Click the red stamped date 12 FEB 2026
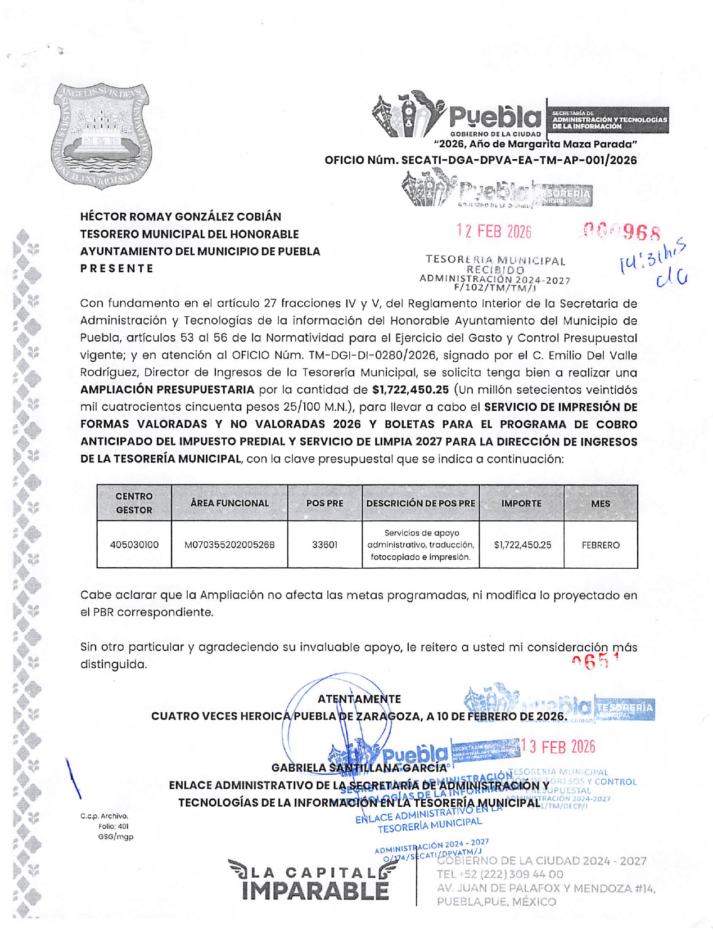coord(494,231)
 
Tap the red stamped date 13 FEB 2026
coord(558,747)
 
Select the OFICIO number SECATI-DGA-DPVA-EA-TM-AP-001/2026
coord(481,160)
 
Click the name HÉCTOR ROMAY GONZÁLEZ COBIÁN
coord(180,217)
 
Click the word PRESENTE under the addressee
coord(117,268)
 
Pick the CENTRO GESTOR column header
coord(134,503)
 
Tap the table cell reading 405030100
coord(134,545)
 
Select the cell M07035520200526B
coord(229,545)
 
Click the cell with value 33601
coord(324,545)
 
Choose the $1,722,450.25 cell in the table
coord(522,545)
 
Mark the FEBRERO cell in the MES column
coord(601,545)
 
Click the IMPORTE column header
coord(521,503)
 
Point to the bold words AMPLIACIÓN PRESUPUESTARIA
coord(167,390)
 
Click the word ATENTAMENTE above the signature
coord(359,699)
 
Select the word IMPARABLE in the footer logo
coord(315,891)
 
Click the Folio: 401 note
coord(113,826)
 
